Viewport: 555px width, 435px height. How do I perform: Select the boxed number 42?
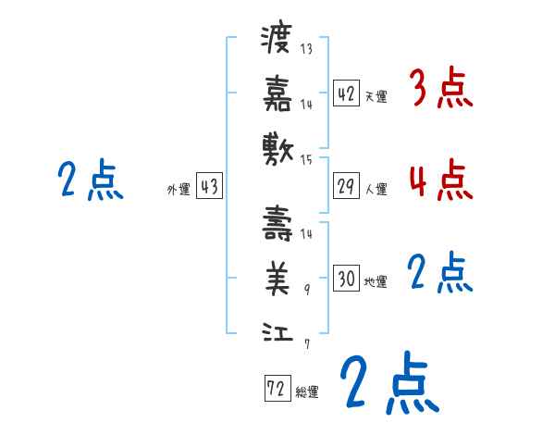[x=346, y=93]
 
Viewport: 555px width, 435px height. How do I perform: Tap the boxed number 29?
[x=346, y=187]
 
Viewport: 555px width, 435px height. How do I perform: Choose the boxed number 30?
[x=346, y=279]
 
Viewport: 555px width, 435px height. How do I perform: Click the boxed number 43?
[x=209, y=187]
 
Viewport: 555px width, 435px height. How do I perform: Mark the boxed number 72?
[x=276, y=389]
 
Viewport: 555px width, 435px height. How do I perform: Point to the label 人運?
[x=376, y=190]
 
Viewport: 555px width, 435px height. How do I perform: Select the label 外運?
[x=178, y=190]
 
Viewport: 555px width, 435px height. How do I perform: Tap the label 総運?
[x=307, y=391]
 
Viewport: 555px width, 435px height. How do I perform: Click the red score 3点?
[x=440, y=90]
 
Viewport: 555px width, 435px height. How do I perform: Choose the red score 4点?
[x=440, y=180]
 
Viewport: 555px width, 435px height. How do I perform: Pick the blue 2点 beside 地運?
[x=440, y=273]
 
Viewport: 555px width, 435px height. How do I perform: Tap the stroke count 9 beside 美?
[x=306, y=289]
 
